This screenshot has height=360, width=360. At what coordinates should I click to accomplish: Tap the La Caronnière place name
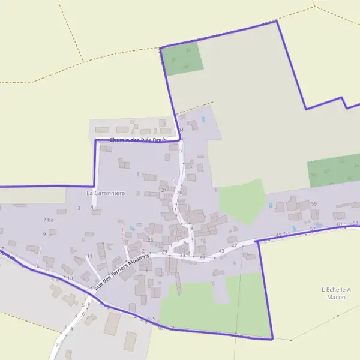[106, 193]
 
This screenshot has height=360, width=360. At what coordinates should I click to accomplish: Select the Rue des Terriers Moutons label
[122, 269]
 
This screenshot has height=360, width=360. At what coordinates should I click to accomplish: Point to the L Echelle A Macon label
[333, 293]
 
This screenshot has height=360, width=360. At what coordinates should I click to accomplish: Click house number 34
[181, 130]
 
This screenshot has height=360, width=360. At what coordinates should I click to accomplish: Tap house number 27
[179, 151]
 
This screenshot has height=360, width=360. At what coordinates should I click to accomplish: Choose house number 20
[179, 192]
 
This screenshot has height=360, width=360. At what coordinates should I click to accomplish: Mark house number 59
[314, 204]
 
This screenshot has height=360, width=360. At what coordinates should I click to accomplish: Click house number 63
[355, 223]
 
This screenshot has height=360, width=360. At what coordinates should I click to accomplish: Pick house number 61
[340, 224]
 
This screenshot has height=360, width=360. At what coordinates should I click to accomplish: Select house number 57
[313, 229]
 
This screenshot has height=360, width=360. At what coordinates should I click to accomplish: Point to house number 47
[234, 245]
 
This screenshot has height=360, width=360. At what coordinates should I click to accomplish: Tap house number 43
[221, 250]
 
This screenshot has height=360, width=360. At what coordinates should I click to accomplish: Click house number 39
[202, 257]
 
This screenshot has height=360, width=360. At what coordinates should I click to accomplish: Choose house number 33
[182, 256]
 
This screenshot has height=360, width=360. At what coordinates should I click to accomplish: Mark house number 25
[151, 240]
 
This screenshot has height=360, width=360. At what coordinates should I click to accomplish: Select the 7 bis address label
[49, 220]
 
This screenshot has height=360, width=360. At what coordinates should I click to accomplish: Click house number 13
[70, 278]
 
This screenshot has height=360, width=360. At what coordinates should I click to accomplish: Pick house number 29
[164, 251]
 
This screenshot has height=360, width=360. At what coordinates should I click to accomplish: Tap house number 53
[287, 233]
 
